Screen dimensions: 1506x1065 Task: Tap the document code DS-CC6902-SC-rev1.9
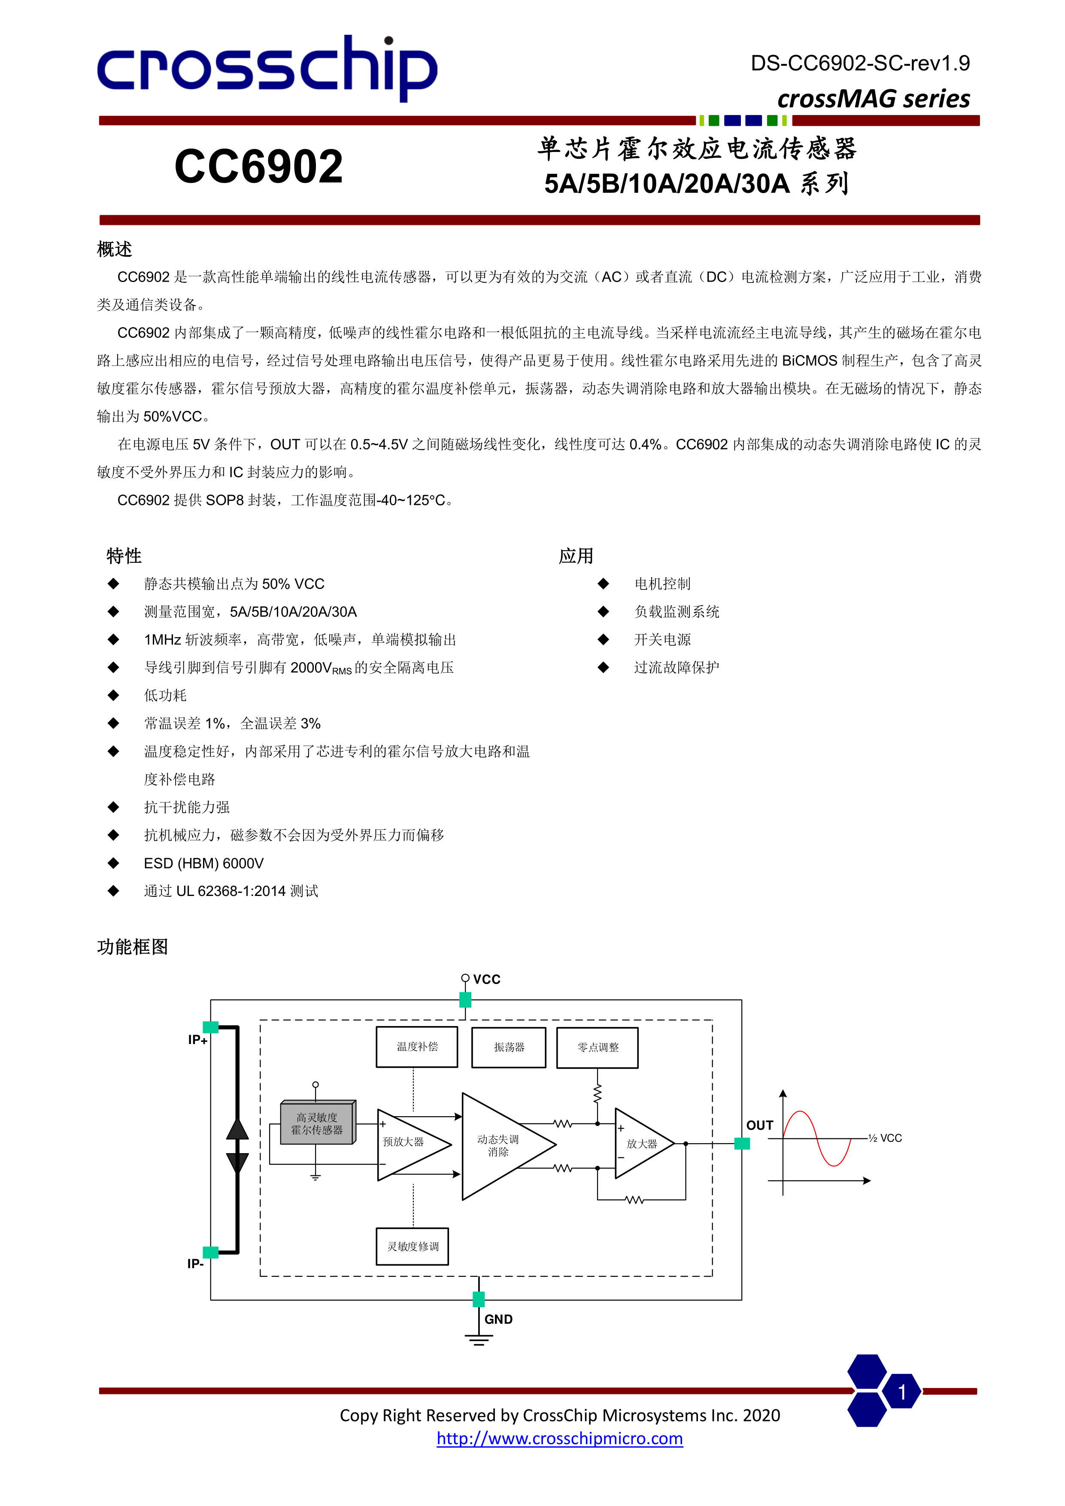(x=860, y=63)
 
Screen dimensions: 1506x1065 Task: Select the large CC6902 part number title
(x=258, y=167)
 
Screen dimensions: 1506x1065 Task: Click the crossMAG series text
(x=873, y=99)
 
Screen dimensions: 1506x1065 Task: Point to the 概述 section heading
(x=115, y=249)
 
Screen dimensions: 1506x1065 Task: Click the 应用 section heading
(x=576, y=556)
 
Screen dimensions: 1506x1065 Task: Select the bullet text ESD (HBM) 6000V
(x=203, y=863)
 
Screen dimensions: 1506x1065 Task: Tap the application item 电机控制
(x=662, y=584)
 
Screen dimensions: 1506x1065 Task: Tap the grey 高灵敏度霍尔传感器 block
(x=317, y=1123)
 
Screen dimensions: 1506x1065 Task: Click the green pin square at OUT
(x=742, y=1143)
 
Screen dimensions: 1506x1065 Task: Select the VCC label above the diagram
(x=487, y=979)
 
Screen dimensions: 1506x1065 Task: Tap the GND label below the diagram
(x=498, y=1319)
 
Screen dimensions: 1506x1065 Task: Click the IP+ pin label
(x=197, y=1040)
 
